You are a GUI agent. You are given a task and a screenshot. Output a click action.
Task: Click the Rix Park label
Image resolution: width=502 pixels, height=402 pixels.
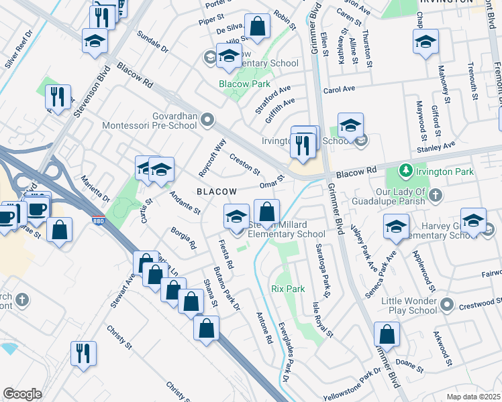[x=288, y=289]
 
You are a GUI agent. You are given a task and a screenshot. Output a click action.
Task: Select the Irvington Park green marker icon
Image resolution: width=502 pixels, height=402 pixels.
[x=405, y=172]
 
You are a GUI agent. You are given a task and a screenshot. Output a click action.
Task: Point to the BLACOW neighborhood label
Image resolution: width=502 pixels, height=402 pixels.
[x=217, y=192]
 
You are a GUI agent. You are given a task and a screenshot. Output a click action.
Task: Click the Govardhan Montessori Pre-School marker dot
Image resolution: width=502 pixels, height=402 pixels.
[x=208, y=121]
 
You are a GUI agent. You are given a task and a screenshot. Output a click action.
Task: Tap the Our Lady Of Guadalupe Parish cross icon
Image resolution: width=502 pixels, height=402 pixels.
[x=436, y=195]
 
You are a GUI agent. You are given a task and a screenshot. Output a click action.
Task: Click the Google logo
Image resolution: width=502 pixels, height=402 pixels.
[x=22, y=394]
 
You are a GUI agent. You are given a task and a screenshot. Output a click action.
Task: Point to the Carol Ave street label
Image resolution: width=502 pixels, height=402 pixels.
[x=339, y=89]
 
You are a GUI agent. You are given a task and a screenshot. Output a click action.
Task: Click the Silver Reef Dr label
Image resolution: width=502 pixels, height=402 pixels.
[x=18, y=50]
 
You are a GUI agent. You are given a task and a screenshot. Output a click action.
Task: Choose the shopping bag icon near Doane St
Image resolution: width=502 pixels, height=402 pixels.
[x=387, y=336]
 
